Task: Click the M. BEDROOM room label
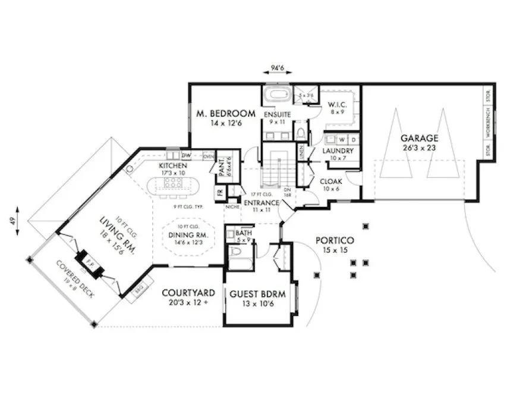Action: pyautogui.click(x=226, y=113)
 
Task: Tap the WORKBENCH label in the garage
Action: pyautogui.click(x=488, y=124)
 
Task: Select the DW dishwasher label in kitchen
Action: pyautogui.click(x=185, y=155)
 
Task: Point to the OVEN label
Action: pyautogui.click(x=208, y=156)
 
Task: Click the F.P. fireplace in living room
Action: pyautogui.click(x=90, y=261)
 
